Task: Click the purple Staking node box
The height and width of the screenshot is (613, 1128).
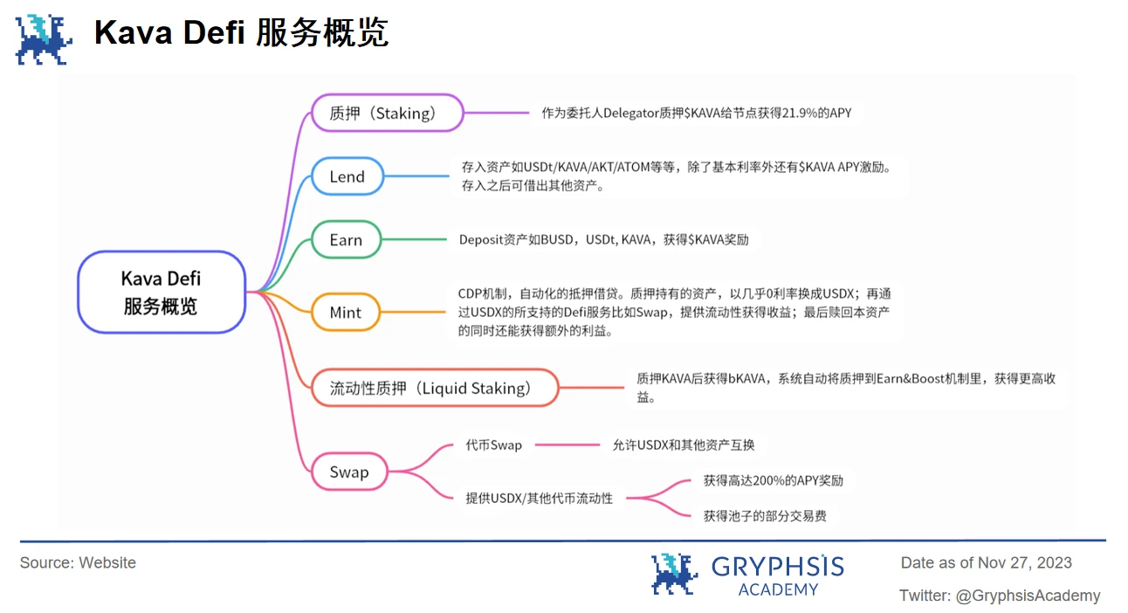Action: point(387,113)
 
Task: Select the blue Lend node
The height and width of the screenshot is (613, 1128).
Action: point(347,176)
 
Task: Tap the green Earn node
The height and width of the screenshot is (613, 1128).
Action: point(346,240)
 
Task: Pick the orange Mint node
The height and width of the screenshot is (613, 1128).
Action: point(346,313)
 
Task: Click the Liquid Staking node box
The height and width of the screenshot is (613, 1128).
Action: point(435,389)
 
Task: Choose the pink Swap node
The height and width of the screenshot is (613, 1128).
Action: point(349,472)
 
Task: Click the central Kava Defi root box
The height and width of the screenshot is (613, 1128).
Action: point(161,293)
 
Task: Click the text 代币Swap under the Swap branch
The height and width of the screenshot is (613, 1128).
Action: point(493,445)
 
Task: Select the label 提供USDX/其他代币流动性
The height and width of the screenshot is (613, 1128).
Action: point(539,499)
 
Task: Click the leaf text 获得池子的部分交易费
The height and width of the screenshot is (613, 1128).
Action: point(765,516)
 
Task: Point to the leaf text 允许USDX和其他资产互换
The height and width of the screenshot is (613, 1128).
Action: point(683,445)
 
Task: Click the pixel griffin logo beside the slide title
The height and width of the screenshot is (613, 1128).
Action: point(45,39)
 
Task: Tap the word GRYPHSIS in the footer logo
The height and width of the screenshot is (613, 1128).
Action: point(778,567)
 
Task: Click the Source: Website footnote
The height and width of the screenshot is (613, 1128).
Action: point(78,563)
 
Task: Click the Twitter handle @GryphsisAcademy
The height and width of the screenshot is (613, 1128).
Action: point(1028,596)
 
